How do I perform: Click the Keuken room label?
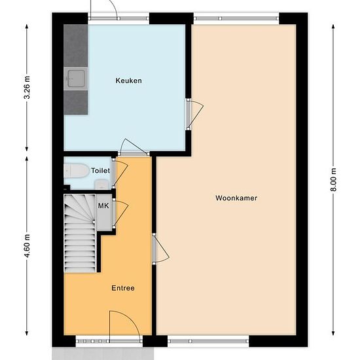coord(128,81)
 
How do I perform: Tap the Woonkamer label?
coord(236,198)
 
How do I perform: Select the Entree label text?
coord(123,288)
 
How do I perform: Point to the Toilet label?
coord(100,171)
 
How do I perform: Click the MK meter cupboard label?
coord(103,206)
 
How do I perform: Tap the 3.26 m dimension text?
coord(27,87)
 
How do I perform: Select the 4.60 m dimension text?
coord(27,246)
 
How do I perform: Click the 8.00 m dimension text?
coord(333,179)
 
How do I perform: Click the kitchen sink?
coord(76,79)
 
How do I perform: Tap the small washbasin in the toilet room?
coord(101,185)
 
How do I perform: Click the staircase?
coord(80,234)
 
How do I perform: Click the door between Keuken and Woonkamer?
coord(194,115)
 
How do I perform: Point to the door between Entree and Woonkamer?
coord(160,249)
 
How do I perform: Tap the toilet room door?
coord(120,173)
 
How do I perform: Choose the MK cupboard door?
coord(120,214)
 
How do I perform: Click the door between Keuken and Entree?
coord(134,147)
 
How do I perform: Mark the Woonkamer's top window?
coord(236,18)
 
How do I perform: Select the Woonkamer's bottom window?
coord(208,342)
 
